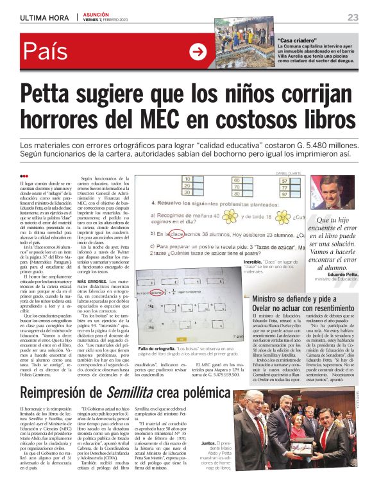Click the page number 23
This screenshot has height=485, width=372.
click(353, 17)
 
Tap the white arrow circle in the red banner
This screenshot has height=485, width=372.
click(198, 51)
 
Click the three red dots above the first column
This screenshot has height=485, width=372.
click(24, 176)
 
